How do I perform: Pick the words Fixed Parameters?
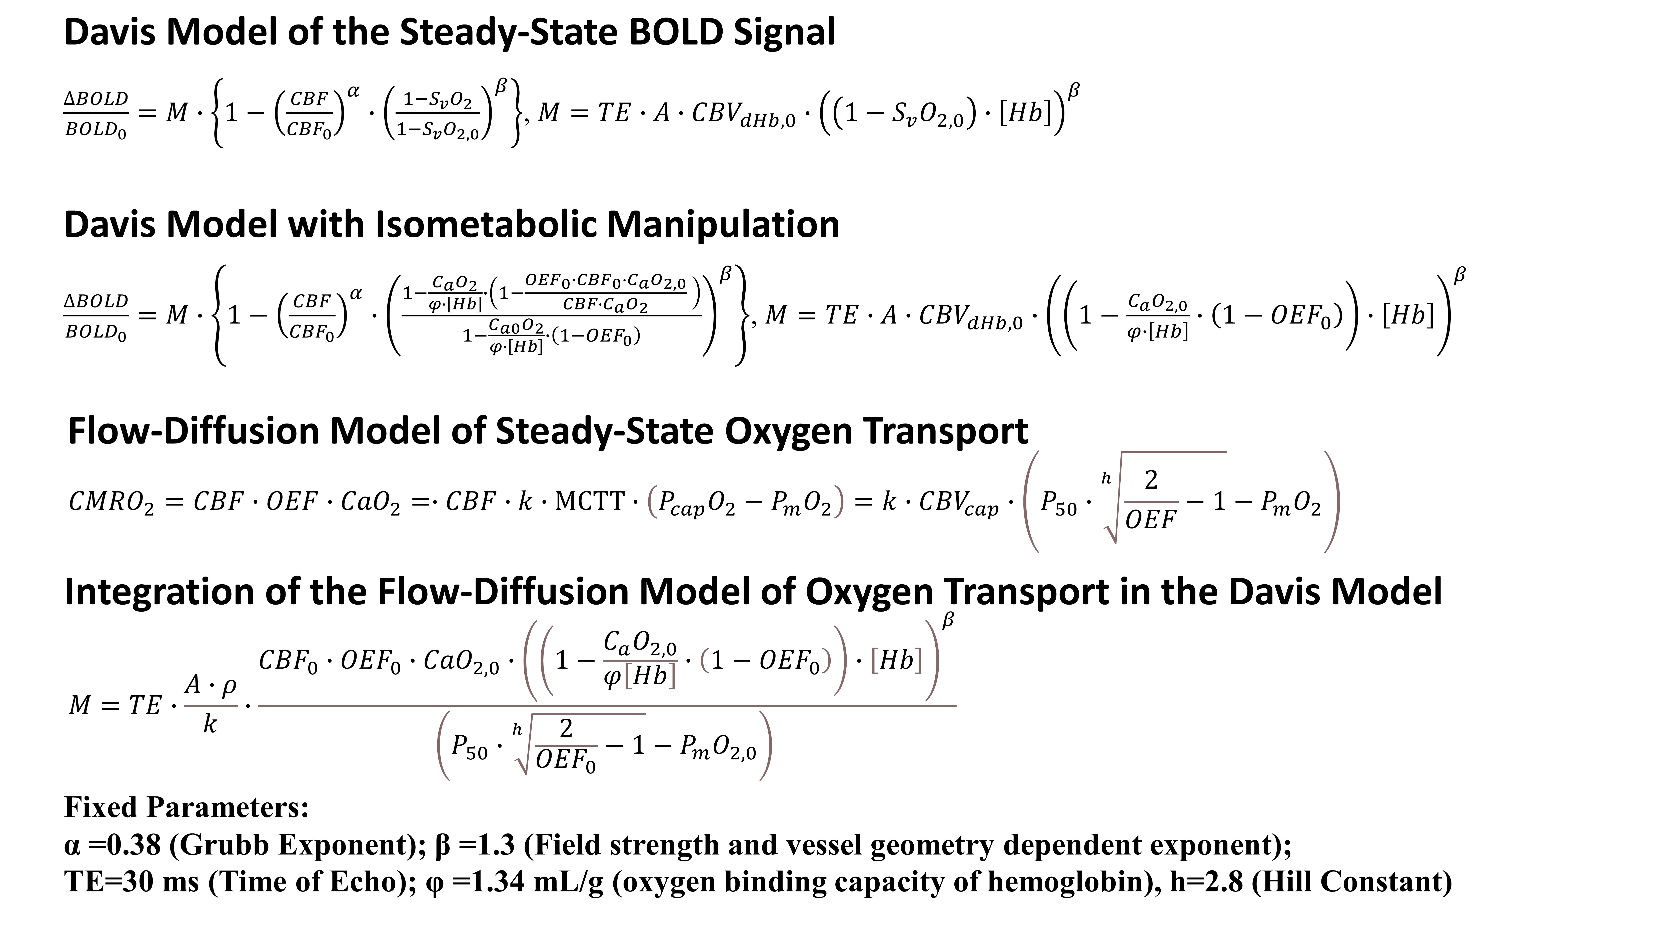pyautogui.click(x=186, y=807)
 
